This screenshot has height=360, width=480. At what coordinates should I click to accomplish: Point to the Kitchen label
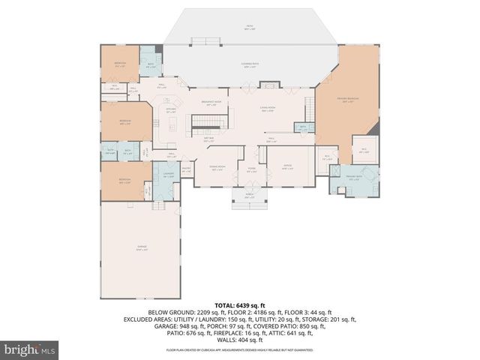pos(171,110)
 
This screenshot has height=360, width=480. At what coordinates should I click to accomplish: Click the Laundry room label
pos(168,175)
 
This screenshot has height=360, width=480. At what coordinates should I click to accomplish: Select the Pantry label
pos(185,170)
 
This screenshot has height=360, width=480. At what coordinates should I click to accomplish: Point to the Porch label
pos(250,196)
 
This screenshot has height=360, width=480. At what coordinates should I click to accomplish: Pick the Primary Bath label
pos(353,177)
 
